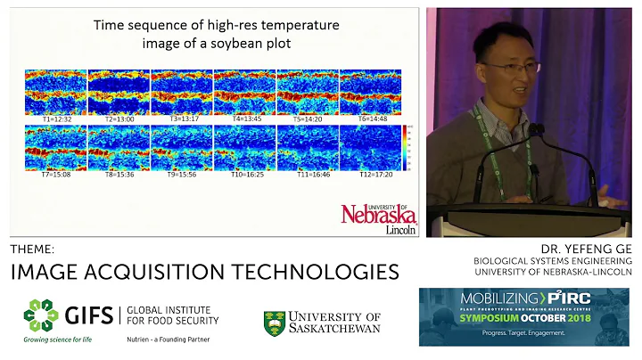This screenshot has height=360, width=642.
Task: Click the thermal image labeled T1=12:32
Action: (x=55, y=92)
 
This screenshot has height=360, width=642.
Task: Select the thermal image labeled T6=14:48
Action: (x=370, y=92)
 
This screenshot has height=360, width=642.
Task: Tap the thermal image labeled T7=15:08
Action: (x=55, y=147)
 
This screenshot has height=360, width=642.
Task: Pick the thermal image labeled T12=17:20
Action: (x=370, y=147)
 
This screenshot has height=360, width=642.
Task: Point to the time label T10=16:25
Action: (x=244, y=175)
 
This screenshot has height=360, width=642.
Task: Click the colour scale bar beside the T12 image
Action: (x=407, y=147)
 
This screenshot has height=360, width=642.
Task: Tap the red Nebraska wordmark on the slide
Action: (x=378, y=214)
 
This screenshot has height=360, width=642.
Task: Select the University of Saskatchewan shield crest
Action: (x=275, y=323)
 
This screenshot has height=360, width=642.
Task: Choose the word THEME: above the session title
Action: (x=32, y=249)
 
